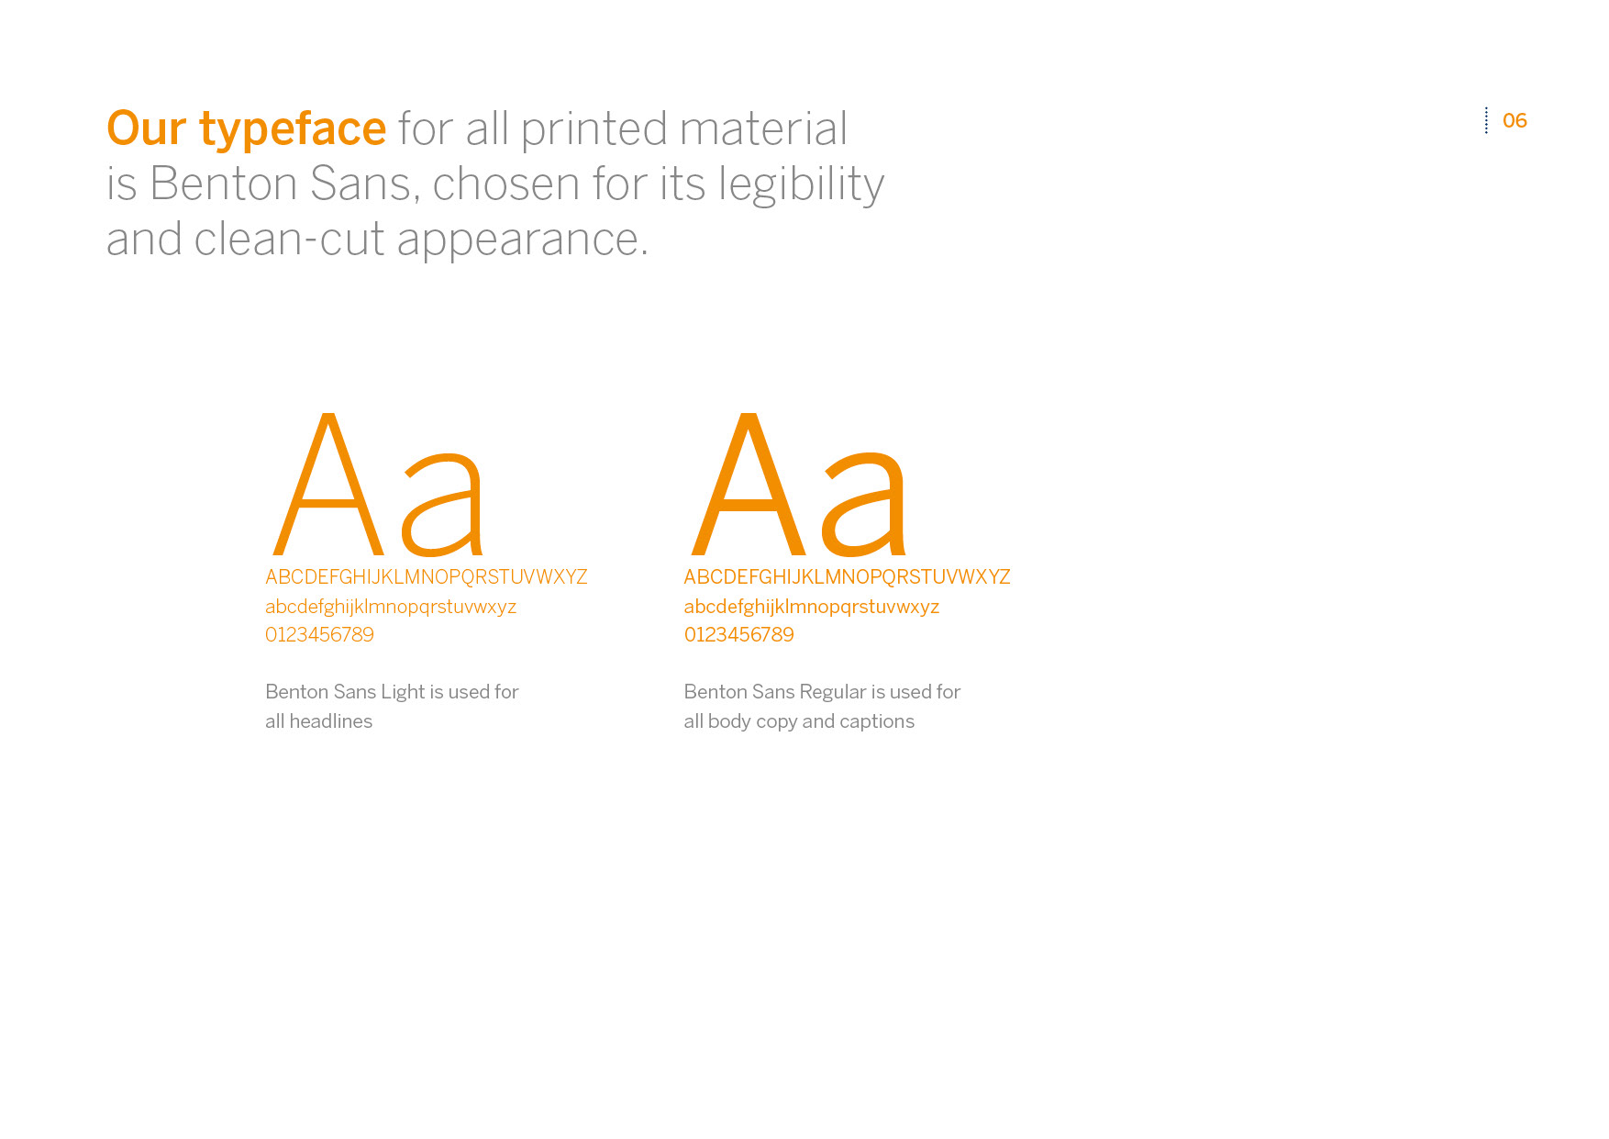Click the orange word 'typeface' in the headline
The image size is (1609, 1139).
(293, 129)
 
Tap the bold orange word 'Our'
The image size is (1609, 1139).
(147, 128)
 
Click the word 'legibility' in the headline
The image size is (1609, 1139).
(802, 185)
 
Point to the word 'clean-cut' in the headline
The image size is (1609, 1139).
(290, 240)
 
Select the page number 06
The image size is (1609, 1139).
(1515, 121)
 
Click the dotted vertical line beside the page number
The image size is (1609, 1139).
(1486, 120)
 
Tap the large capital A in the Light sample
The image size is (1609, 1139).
(327, 484)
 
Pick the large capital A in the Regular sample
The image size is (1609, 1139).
(749, 484)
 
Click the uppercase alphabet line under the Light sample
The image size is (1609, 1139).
(427, 577)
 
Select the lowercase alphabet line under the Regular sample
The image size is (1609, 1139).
(812, 607)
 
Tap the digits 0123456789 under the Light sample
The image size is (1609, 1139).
(319, 635)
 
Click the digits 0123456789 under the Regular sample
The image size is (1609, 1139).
(739, 635)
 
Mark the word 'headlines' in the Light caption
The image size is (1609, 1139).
(331, 721)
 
